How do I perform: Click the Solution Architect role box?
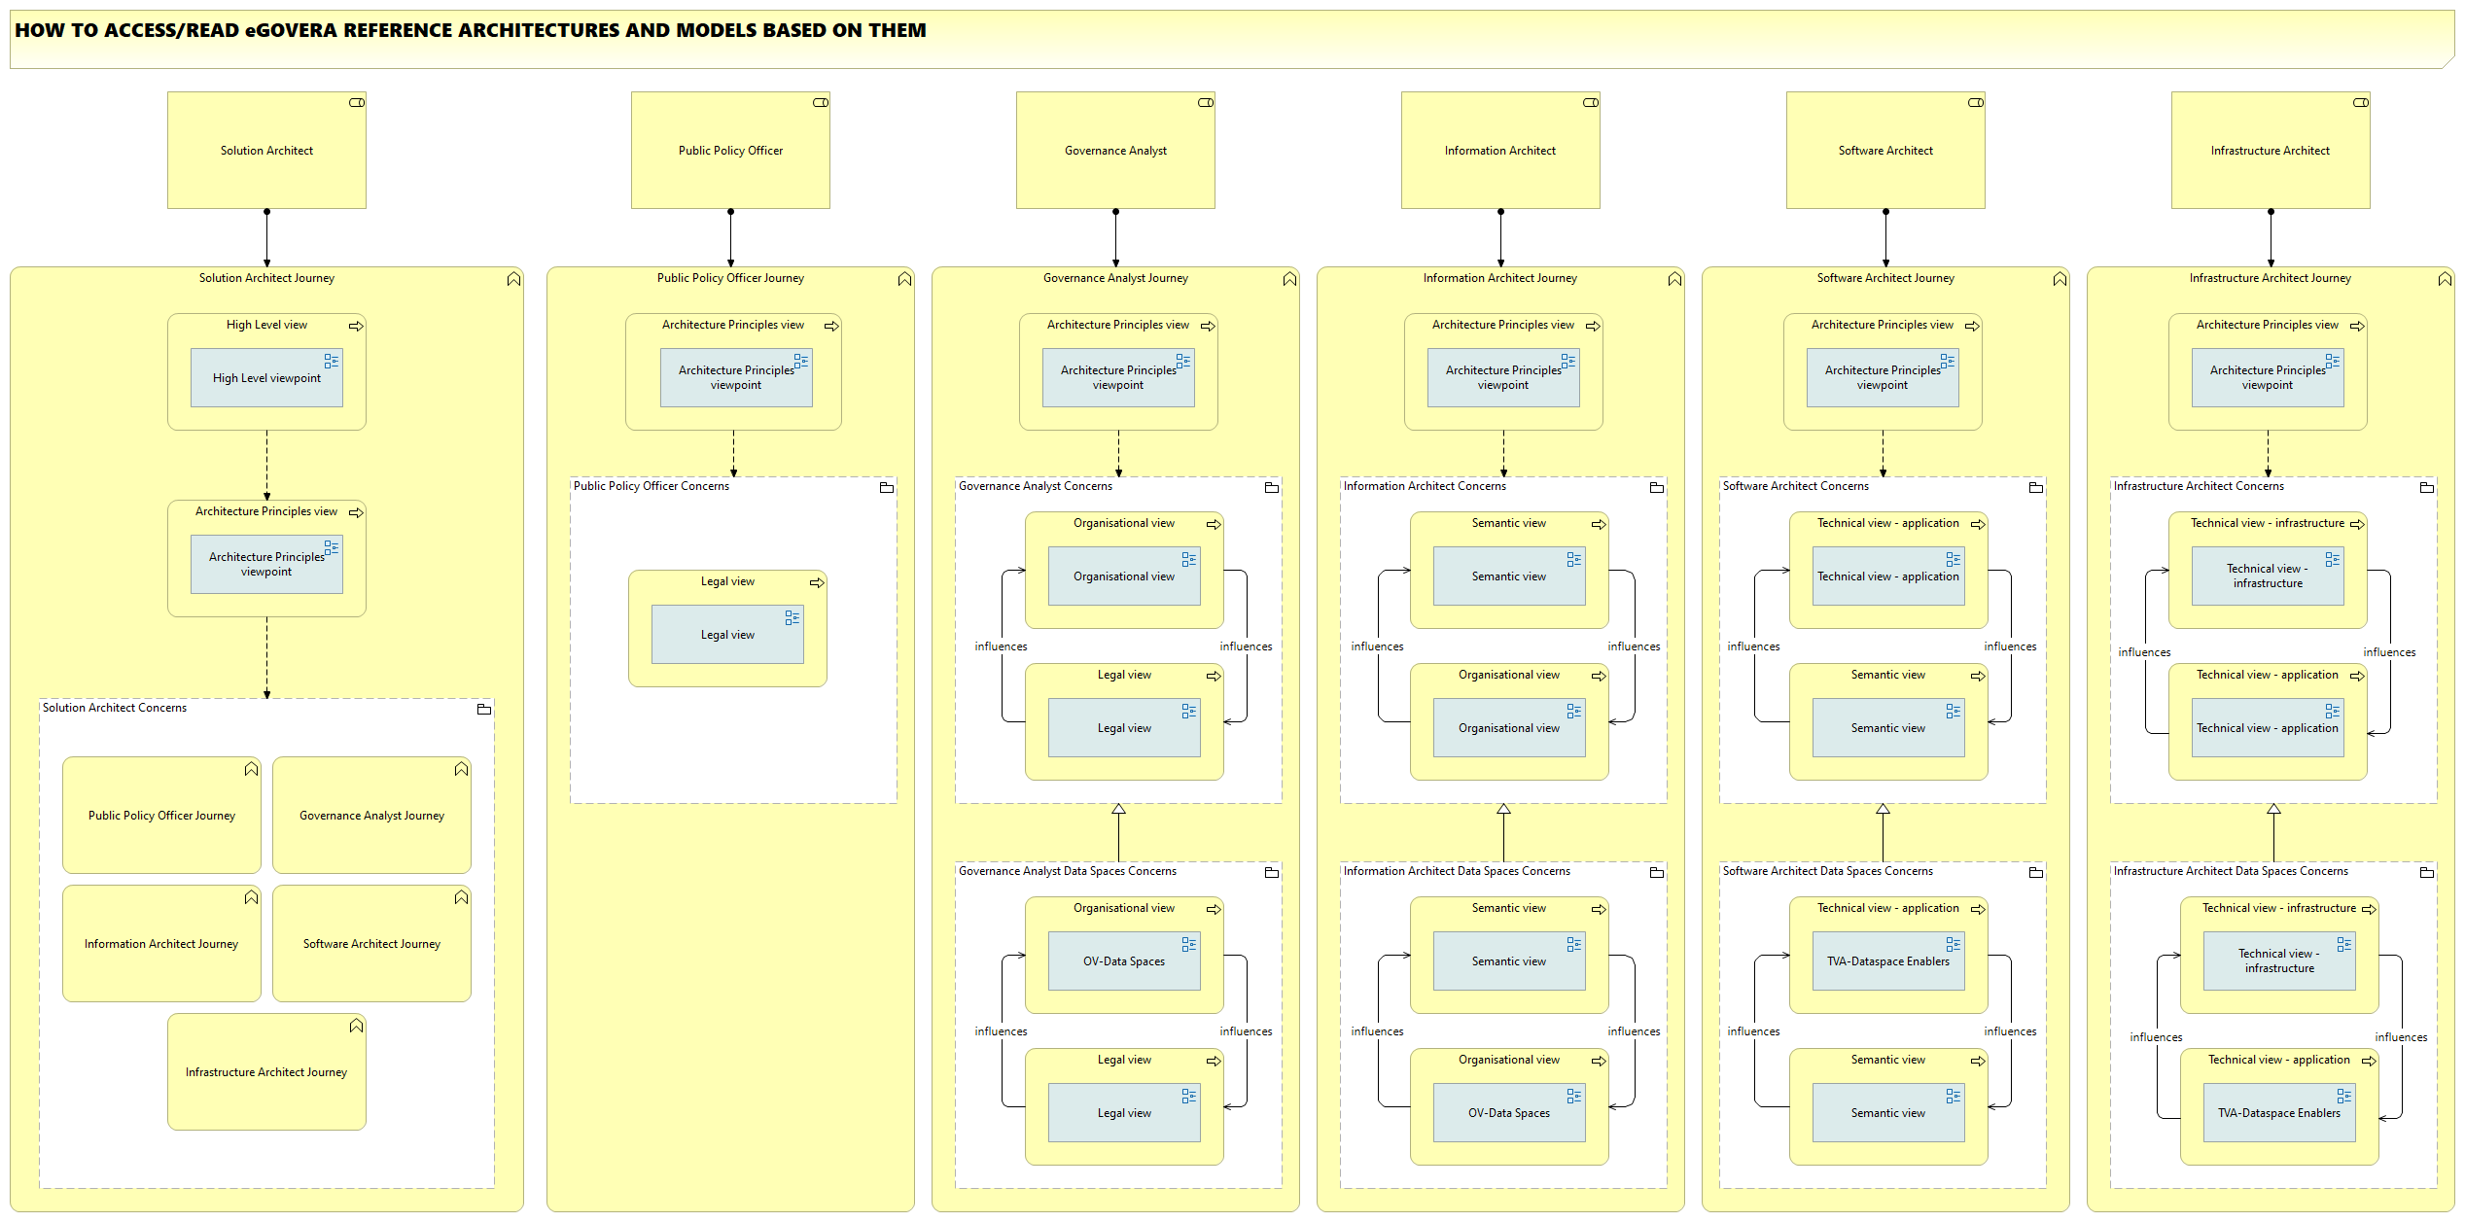[x=266, y=150]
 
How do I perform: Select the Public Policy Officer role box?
[x=730, y=150]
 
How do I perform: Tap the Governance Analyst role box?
[x=1115, y=150]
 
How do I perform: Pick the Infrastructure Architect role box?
[x=2271, y=150]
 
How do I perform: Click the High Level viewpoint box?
[x=266, y=378]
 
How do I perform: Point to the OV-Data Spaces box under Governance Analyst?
[x=1124, y=961]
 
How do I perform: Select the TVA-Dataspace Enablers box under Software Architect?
[x=1888, y=961]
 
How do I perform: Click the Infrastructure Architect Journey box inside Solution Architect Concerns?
[x=266, y=1072]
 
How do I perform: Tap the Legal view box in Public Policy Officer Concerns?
[x=727, y=635]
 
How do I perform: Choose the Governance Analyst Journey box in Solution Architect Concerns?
[x=371, y=816]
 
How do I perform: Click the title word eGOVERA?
[x=291, y=30]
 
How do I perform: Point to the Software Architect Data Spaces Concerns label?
[x=1828, y=871]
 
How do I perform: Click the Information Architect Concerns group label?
[x=1425, y=486]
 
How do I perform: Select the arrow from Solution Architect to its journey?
[x=266, y=237]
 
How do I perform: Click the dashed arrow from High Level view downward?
[x=266, y=465]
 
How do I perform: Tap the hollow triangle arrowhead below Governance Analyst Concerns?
[x=1118, y=810]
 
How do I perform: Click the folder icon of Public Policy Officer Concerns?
[x=887, y=488]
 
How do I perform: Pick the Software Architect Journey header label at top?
[x=1885, y=278]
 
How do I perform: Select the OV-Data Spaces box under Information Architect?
[x=1509, y=1113]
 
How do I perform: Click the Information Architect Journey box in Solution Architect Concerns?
[x=161, y=944]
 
